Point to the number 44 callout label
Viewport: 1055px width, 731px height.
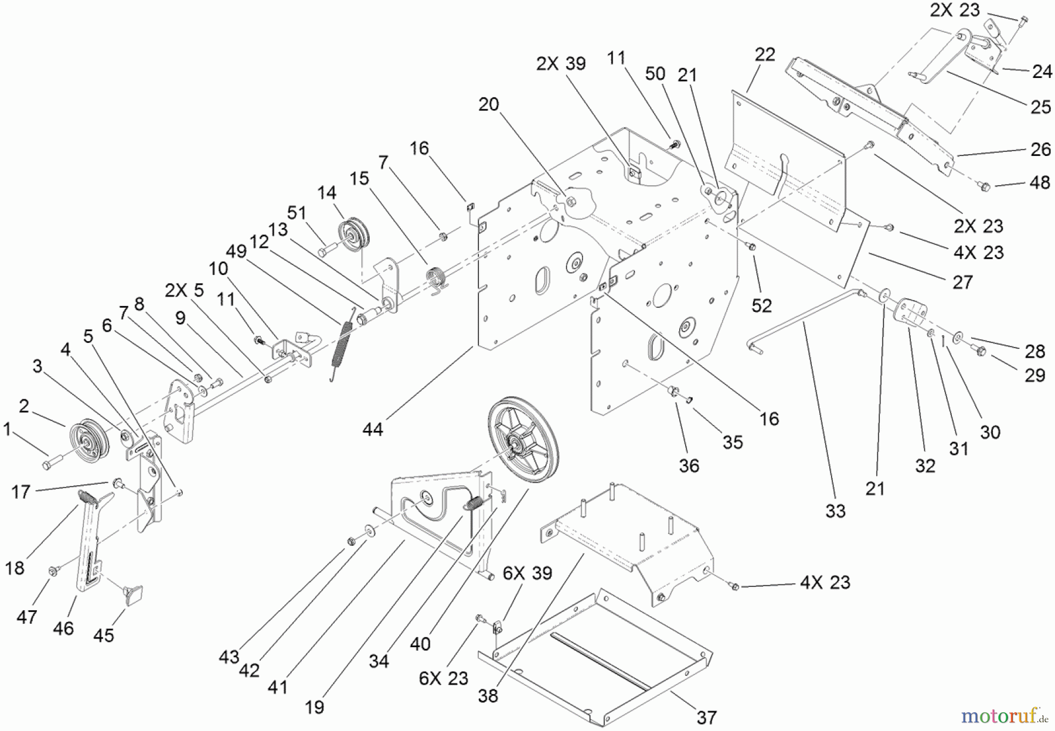tap(373, 430)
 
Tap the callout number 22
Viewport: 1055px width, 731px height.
tap(765, 55)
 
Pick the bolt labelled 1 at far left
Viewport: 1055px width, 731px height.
tap(48, 465)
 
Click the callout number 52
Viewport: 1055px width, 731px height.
tap(762, 305)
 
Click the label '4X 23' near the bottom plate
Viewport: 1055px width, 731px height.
tap(825, 582)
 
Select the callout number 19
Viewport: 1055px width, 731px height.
tap(315, 707)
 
